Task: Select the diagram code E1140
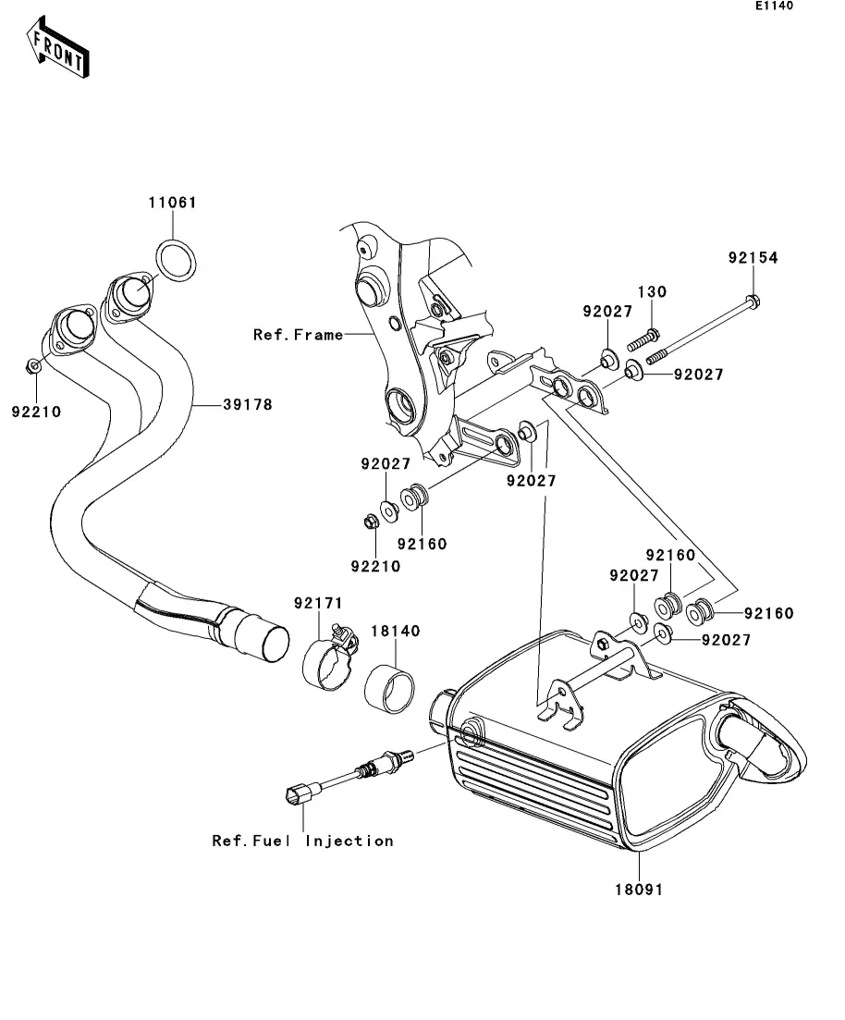tap(773, 6)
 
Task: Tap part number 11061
tap(173, 203)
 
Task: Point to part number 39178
tap(247, 404)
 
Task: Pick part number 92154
tap(753, 259)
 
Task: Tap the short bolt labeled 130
tap(650, 334)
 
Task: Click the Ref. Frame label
tap(298, 335)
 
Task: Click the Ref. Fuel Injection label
tap(303, 841)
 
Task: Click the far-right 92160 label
tap(768, 613)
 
